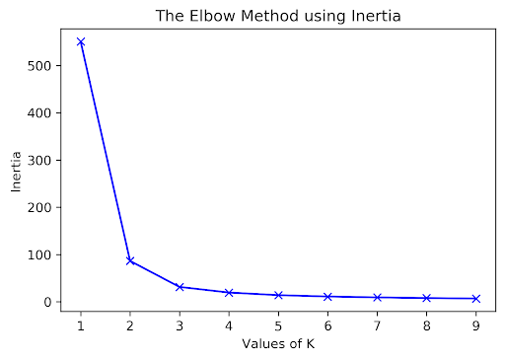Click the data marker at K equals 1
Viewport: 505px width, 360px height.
pyautogui.click(x=80, y=41)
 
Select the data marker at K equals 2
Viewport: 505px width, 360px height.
pyautogui.click(x=130, y=260)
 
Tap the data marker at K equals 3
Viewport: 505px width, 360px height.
pyautogui.click(x=180, y=287)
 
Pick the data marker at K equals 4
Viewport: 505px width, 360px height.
pyautogui.click(x=230, y=293)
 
